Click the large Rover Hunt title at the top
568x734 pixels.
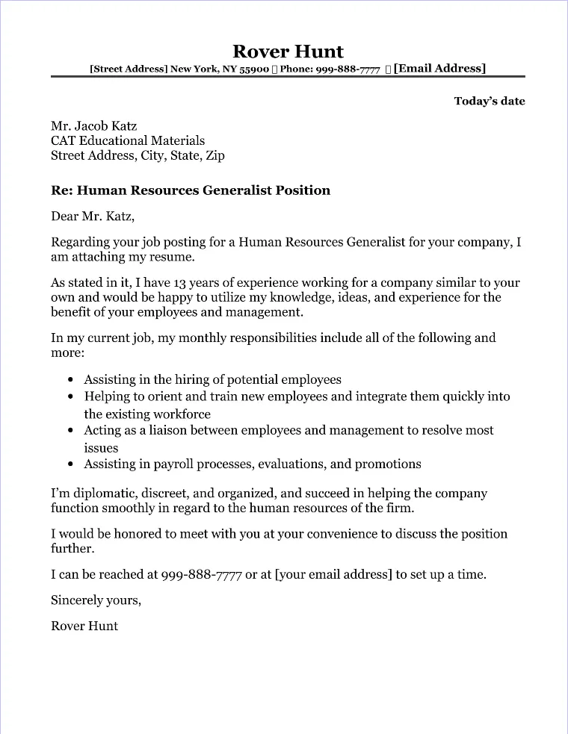click(x=288, y=52)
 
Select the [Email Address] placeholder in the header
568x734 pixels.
click(x=439, y=69)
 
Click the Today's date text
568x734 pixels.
click(x=490, y=101)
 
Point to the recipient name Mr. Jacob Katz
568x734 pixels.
click(x=94, y=125)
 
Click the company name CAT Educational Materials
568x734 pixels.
click(x=128, y=140)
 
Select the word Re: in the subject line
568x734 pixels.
click(x=62, y=190)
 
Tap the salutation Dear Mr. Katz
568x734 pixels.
click(x=93, y=217)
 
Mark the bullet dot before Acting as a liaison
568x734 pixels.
click(x=70, y=431)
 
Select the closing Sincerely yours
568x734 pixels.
click(x=96, y=600)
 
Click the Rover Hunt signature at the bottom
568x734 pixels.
click(x=84, y=626)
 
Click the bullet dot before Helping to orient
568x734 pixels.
click(x=70, y=397)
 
